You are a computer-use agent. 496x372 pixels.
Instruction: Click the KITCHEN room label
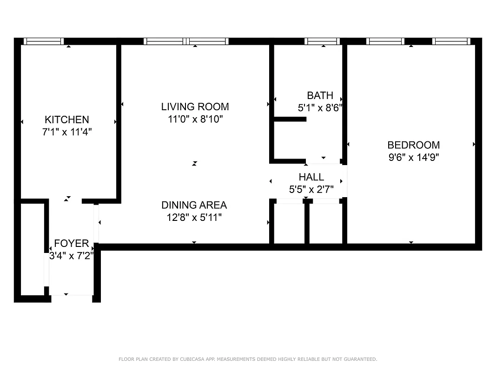pyautogui.click(x=66, y=120)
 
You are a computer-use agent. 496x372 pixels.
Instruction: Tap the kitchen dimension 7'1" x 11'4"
pyautogui.click(x=66, y=132)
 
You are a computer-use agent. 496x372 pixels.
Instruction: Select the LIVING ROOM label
pyautogui.click(x=195, y=107)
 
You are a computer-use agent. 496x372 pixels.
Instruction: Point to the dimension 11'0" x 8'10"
pyautogui.click(x=195, y=119)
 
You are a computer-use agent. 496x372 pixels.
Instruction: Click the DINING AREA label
pyautogui.click(x=194, y=205)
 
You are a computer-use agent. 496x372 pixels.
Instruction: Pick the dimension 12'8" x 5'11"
pyautogui.click(x=194, y=217)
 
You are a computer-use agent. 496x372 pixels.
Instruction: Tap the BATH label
pyautogui.click(x=320, y=95)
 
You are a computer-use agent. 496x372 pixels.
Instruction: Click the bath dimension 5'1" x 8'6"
pyautogui.click(x=320, y=107)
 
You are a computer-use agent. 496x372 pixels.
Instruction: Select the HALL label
pyautogui.click(x=311, y=177)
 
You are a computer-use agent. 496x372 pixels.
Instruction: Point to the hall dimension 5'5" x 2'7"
pyautogui.click(x=311, y=189)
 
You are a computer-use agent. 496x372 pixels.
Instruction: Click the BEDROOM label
pyautogui.click(x=413, y=145)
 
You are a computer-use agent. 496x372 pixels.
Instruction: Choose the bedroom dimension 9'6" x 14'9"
pyautogui.click(x=413, y=157)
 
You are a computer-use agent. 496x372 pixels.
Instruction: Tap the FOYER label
pyautogui.click(x=72, y=243)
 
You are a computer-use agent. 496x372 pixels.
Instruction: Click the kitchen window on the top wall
pyautogui.click(x=44, y=41)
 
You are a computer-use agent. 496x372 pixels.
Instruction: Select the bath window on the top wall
pyautogui.click(x=322, y=41)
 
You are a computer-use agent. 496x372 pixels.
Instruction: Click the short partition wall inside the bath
pyautogui.click(x=290, y=120)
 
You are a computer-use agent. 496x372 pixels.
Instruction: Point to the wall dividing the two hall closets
pyautogui.click(x=307, y=222)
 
